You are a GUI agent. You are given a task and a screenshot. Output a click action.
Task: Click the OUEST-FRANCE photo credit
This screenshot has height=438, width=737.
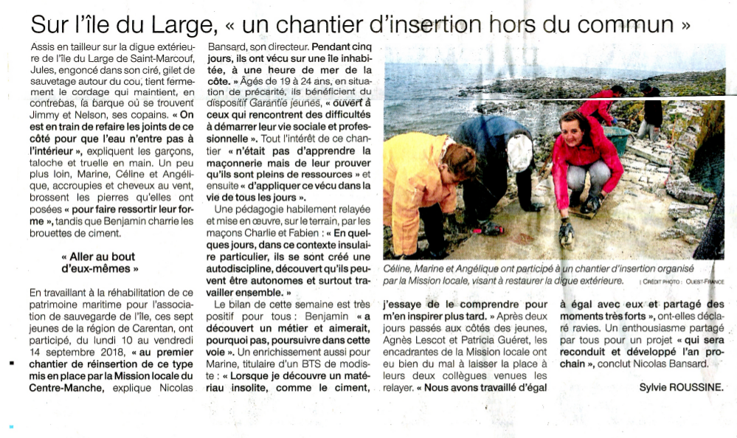(705, 281)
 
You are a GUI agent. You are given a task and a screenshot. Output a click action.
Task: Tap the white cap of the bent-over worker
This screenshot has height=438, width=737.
(519, 152)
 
